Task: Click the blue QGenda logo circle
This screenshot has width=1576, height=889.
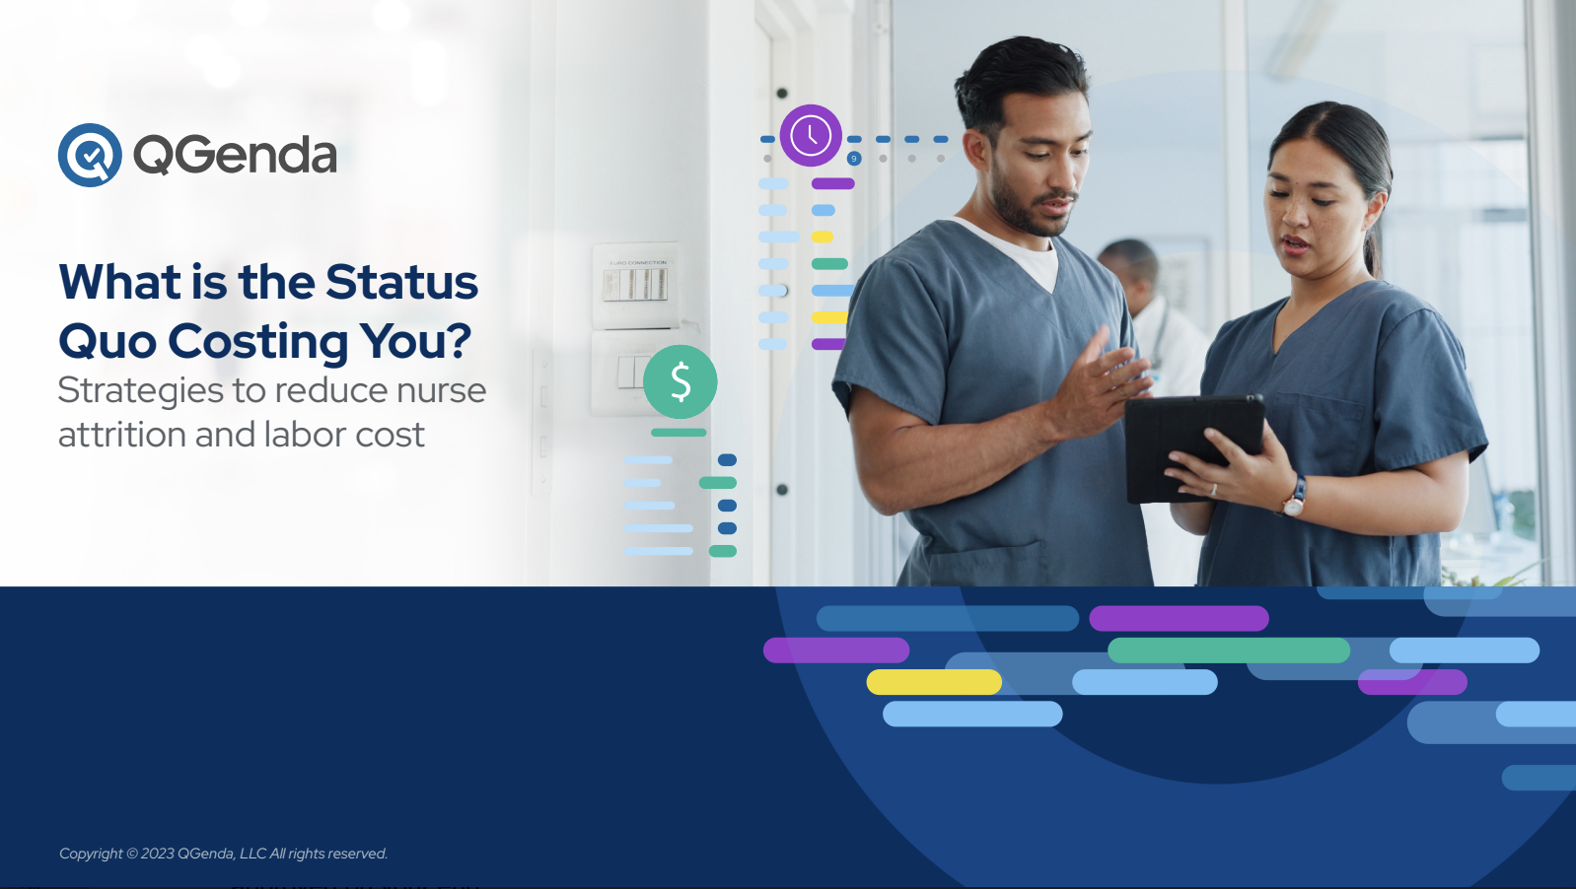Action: (x=90, y=156)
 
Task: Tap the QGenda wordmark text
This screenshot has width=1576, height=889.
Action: (x=235, y=155)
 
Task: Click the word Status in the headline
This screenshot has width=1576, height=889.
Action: (x=401, y=282)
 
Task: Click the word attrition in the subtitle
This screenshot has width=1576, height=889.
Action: (x=121, y=435)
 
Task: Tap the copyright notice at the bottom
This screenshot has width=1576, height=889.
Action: (x=223, y=854)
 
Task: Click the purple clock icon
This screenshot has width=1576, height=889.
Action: (x=811, y=136)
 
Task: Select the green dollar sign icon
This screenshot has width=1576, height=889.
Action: (x=681, y=381)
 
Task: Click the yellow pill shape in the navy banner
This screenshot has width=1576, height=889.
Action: (x=934, y=682)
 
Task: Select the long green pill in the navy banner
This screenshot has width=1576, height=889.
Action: (x=1229, y=650)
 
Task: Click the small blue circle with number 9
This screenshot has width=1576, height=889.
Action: (x=854, y=159)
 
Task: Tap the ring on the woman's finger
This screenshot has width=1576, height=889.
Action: (x=1214, y=490)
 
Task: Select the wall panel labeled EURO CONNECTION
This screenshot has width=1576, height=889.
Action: (x=636, y=286)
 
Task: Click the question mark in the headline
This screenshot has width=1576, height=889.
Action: (x=458, y=340)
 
